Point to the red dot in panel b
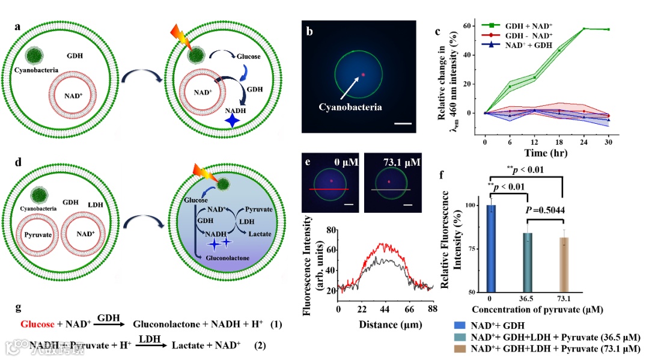point(363,75)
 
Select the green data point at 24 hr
point(584,29)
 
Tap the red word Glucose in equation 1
point(40,325)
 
